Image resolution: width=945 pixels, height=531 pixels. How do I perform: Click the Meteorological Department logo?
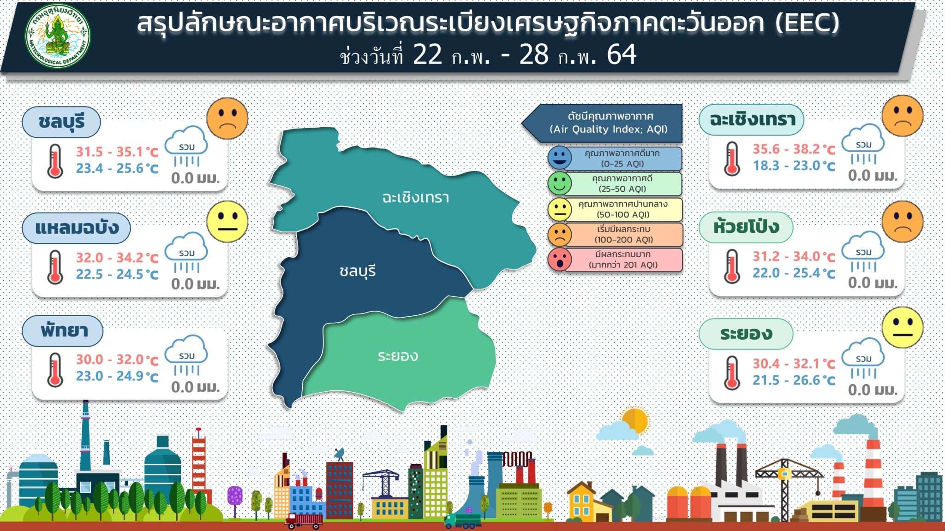point(58,36)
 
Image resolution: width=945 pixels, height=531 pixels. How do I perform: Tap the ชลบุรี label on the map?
point(358,271)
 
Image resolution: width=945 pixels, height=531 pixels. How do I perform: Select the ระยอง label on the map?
point(398,356)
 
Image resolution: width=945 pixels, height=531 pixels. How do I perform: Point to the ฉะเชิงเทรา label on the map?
point(416,197)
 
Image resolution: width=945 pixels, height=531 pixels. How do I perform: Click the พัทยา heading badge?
point(63,331)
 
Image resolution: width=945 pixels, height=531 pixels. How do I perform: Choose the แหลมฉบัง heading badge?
point(77,228)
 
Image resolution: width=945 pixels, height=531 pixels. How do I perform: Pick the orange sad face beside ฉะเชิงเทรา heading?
point(902,116)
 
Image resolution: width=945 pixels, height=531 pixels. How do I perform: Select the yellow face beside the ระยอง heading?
point(902,327)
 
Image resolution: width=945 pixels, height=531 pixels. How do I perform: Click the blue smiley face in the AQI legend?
point(560,158)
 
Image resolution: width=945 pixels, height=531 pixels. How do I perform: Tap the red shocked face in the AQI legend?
point(560,259)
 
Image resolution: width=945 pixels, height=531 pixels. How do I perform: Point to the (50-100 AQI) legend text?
point(623,215)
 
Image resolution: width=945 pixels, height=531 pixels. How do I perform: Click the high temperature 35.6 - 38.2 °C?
point(794,149)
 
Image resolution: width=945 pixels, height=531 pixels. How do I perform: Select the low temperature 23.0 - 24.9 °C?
point(117,376)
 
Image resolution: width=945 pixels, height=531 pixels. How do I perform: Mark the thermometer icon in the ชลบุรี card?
point(55,161)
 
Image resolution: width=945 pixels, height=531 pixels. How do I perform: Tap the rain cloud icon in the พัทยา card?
point(186,355)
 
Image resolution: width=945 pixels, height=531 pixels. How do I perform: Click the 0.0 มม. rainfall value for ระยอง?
point(873,390)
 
